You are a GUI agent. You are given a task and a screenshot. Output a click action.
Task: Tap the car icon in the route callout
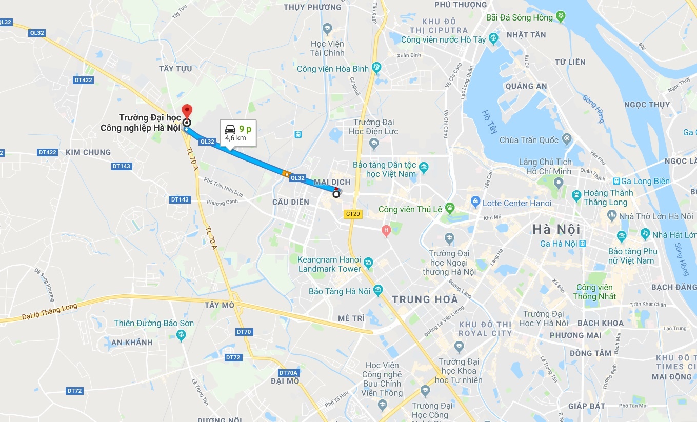(x=231, y=129)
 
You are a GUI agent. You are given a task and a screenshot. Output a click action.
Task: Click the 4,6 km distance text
(x=235, y=138)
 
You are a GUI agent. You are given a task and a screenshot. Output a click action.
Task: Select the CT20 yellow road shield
(x=353, y=214)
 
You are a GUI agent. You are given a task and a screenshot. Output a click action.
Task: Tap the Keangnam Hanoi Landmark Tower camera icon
(x=368, y=264)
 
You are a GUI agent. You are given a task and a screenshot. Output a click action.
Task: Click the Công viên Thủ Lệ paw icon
(x=450, y=207)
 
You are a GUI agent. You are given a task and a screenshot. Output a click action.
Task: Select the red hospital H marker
(x=386, y=231)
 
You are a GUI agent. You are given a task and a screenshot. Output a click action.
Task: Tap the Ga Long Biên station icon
(x=616, y=181)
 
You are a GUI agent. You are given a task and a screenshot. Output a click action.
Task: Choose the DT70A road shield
(x=289, y=373)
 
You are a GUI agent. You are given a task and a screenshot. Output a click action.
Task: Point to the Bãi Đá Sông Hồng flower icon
(x=562, y=16)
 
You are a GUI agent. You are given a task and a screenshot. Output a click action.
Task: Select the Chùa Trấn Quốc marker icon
(x=566, y=138)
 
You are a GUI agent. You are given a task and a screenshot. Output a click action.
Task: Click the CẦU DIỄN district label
(x=291, y=202)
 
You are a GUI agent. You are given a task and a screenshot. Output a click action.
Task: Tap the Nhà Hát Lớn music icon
(x=645, y=234)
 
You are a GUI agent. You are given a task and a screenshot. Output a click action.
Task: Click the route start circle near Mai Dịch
(x=336, y=194)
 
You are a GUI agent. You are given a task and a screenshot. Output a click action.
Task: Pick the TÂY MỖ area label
(x=219, y=305)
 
